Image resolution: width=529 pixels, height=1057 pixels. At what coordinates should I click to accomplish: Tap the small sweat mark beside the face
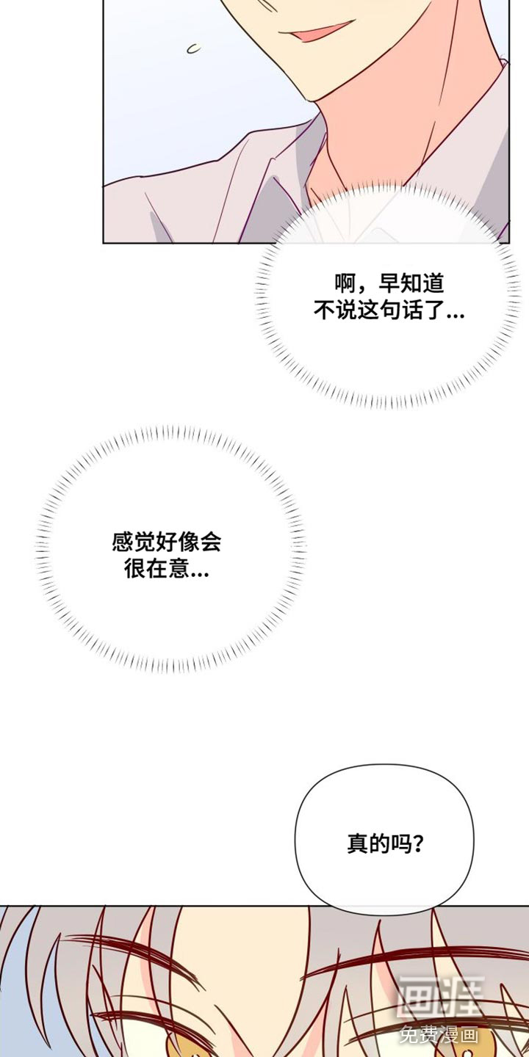194,48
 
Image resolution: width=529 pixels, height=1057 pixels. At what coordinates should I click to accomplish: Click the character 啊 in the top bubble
346,284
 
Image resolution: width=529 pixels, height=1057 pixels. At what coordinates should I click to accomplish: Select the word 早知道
411,284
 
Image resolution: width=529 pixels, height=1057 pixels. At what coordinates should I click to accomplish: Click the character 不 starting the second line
325,310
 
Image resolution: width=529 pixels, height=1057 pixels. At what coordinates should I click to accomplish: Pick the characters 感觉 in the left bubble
133,542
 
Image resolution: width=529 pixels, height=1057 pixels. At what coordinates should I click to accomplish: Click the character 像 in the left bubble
188,542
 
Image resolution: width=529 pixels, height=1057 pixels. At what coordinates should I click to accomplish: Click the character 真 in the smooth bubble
358,843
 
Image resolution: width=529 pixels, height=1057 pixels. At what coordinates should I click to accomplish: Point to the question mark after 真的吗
417,843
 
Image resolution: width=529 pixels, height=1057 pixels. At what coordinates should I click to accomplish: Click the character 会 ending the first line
210,542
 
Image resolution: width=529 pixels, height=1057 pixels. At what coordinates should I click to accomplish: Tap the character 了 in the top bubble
433,310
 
